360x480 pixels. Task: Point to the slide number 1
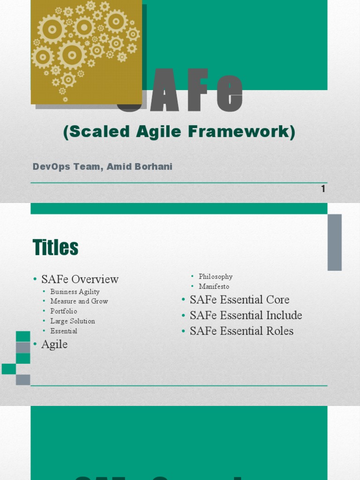323,189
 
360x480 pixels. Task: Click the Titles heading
55,247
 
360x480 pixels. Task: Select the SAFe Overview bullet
80,279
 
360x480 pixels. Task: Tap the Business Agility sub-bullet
75,292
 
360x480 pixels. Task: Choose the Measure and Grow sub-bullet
79,301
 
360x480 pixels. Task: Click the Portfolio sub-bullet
64,311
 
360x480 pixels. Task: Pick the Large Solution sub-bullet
73,321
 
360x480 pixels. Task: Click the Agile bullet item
54,344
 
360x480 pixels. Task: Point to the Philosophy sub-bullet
215,277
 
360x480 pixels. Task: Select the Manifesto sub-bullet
214,286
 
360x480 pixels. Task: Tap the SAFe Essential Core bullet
239,300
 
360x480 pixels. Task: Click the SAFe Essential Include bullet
246,315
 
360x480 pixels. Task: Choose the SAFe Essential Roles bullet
241,331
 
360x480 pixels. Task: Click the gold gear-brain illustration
86,52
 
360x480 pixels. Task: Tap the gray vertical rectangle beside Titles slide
334,242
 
